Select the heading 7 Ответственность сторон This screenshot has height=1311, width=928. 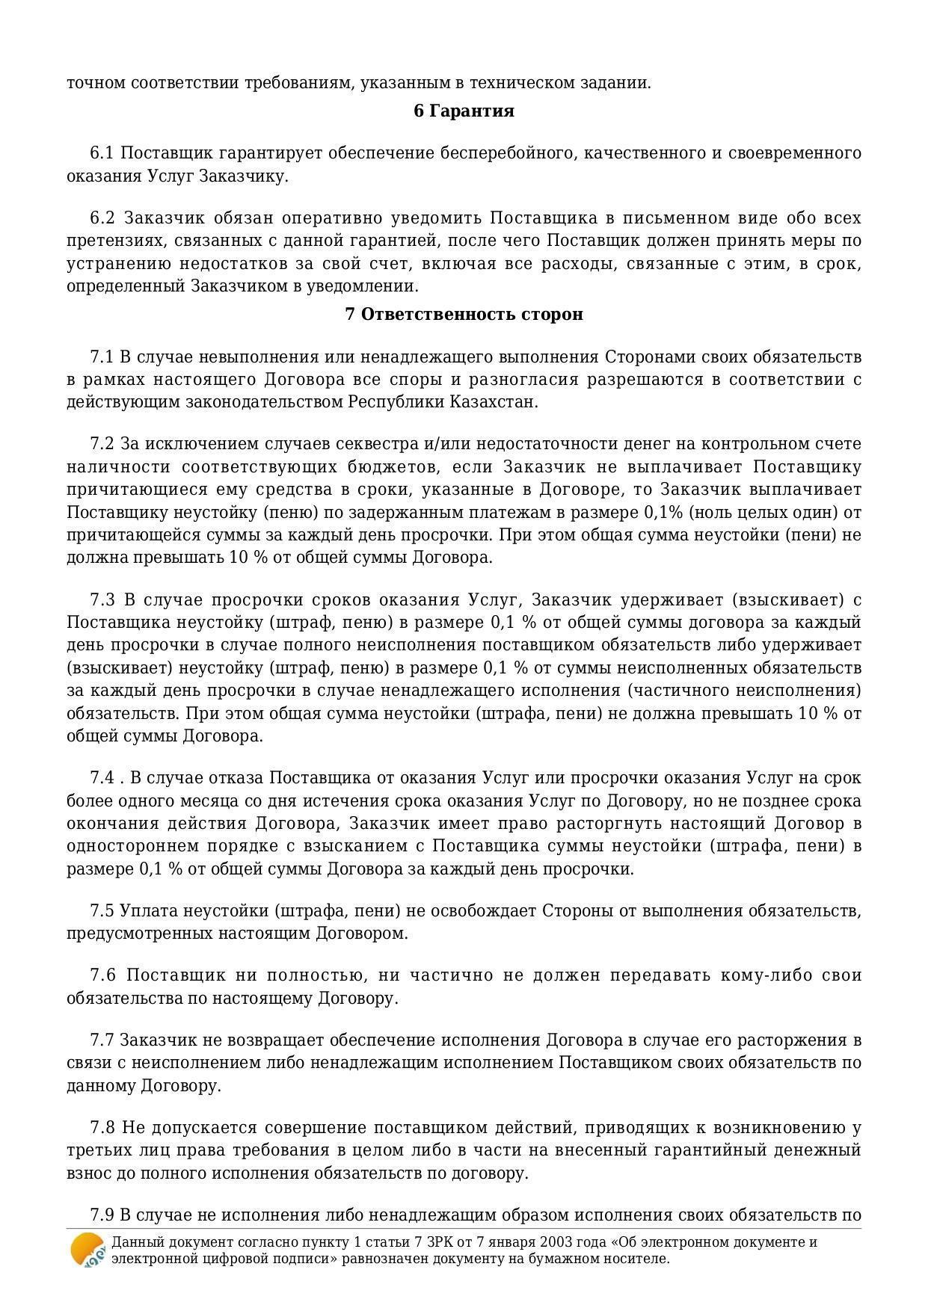pos(464,315)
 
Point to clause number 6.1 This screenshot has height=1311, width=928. pos(101,154)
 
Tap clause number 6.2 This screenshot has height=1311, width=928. pos(102,219)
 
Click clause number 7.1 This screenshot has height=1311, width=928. pos(101,357)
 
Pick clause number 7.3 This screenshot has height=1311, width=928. pos(102,600)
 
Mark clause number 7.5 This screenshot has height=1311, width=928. pos(102,911)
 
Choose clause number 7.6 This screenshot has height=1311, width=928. pos(102,975)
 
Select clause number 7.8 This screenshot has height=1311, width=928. pos(102,1128)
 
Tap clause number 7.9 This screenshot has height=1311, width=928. pos(102,1215)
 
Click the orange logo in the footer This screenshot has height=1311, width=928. pos(87,1250)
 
